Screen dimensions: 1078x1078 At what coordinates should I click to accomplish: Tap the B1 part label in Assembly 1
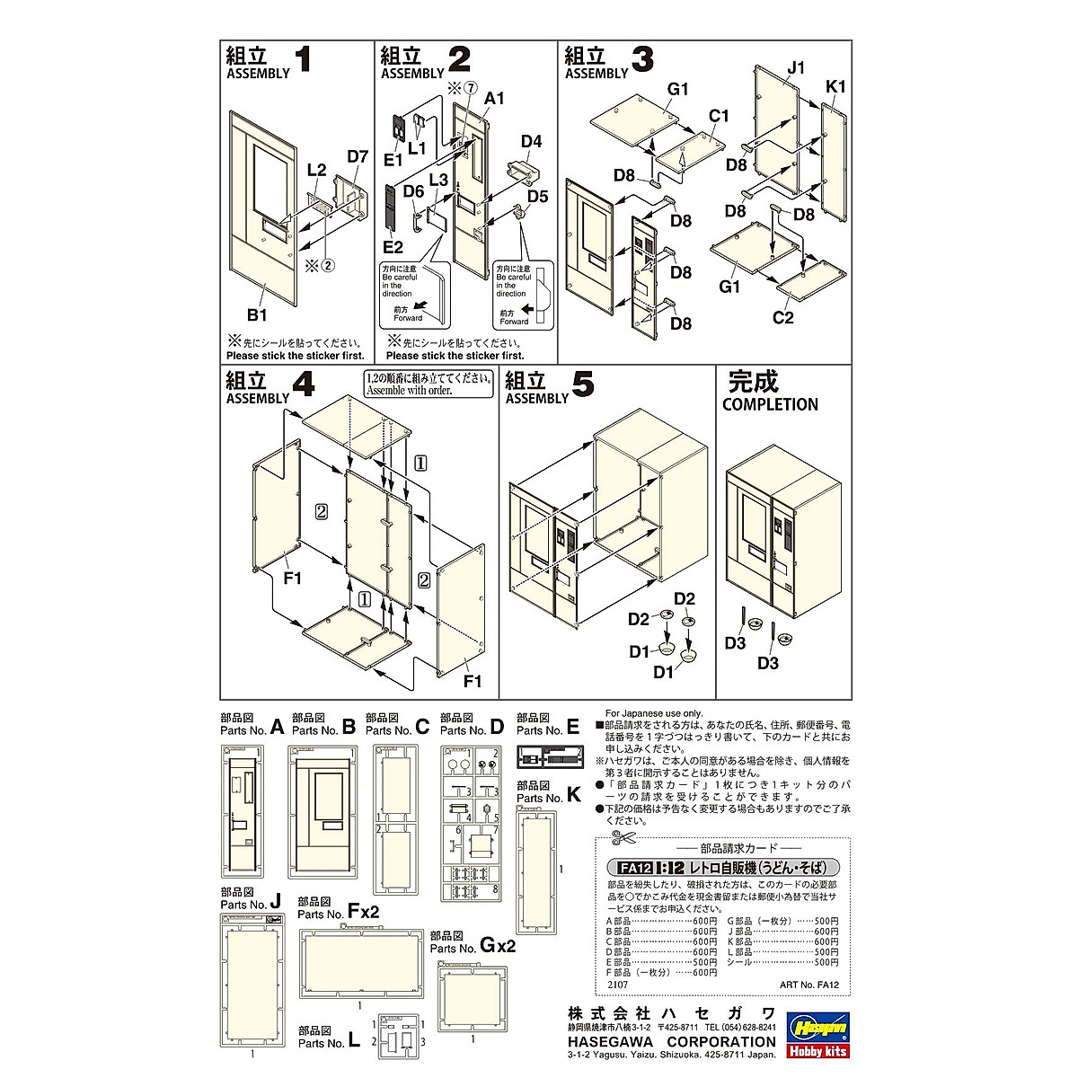coord(258,315)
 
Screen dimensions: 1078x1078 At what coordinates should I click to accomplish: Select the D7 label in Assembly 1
coord(358,157)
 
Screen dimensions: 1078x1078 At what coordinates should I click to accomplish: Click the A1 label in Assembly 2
coord(494,98)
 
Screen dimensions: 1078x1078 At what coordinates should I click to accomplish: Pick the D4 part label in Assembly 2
coord(531,142)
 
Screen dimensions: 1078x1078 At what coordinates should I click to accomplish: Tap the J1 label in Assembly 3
coord(796,68)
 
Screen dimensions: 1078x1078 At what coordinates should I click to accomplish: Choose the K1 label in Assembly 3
coord(835,87)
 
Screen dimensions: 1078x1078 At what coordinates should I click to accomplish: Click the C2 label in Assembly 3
coord(782,317)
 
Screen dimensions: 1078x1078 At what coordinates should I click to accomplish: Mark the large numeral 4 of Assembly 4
coord(304,385)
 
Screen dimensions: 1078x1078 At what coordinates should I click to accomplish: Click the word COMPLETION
coord(770,404)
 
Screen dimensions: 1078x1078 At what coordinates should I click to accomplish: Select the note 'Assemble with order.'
coord(409,391)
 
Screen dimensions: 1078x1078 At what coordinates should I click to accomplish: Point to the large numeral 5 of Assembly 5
coord(583,385)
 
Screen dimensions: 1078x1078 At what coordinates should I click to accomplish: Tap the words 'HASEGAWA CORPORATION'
coord(671,1042)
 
